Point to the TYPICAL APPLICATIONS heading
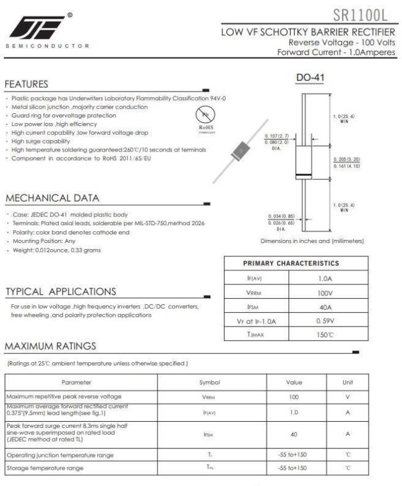point(60,291)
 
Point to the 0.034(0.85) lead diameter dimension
point(281,216)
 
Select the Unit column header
point(347,383)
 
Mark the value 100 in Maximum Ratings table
point(294,396)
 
